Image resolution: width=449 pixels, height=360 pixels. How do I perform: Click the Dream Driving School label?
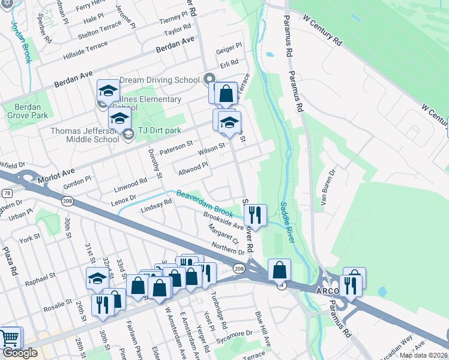pos(160,80)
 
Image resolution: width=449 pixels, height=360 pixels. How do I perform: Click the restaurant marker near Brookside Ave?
pos(255,215)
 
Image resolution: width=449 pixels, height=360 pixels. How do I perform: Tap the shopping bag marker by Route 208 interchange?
pos(279,271)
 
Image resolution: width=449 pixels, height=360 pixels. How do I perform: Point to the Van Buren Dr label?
pos(325,190)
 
